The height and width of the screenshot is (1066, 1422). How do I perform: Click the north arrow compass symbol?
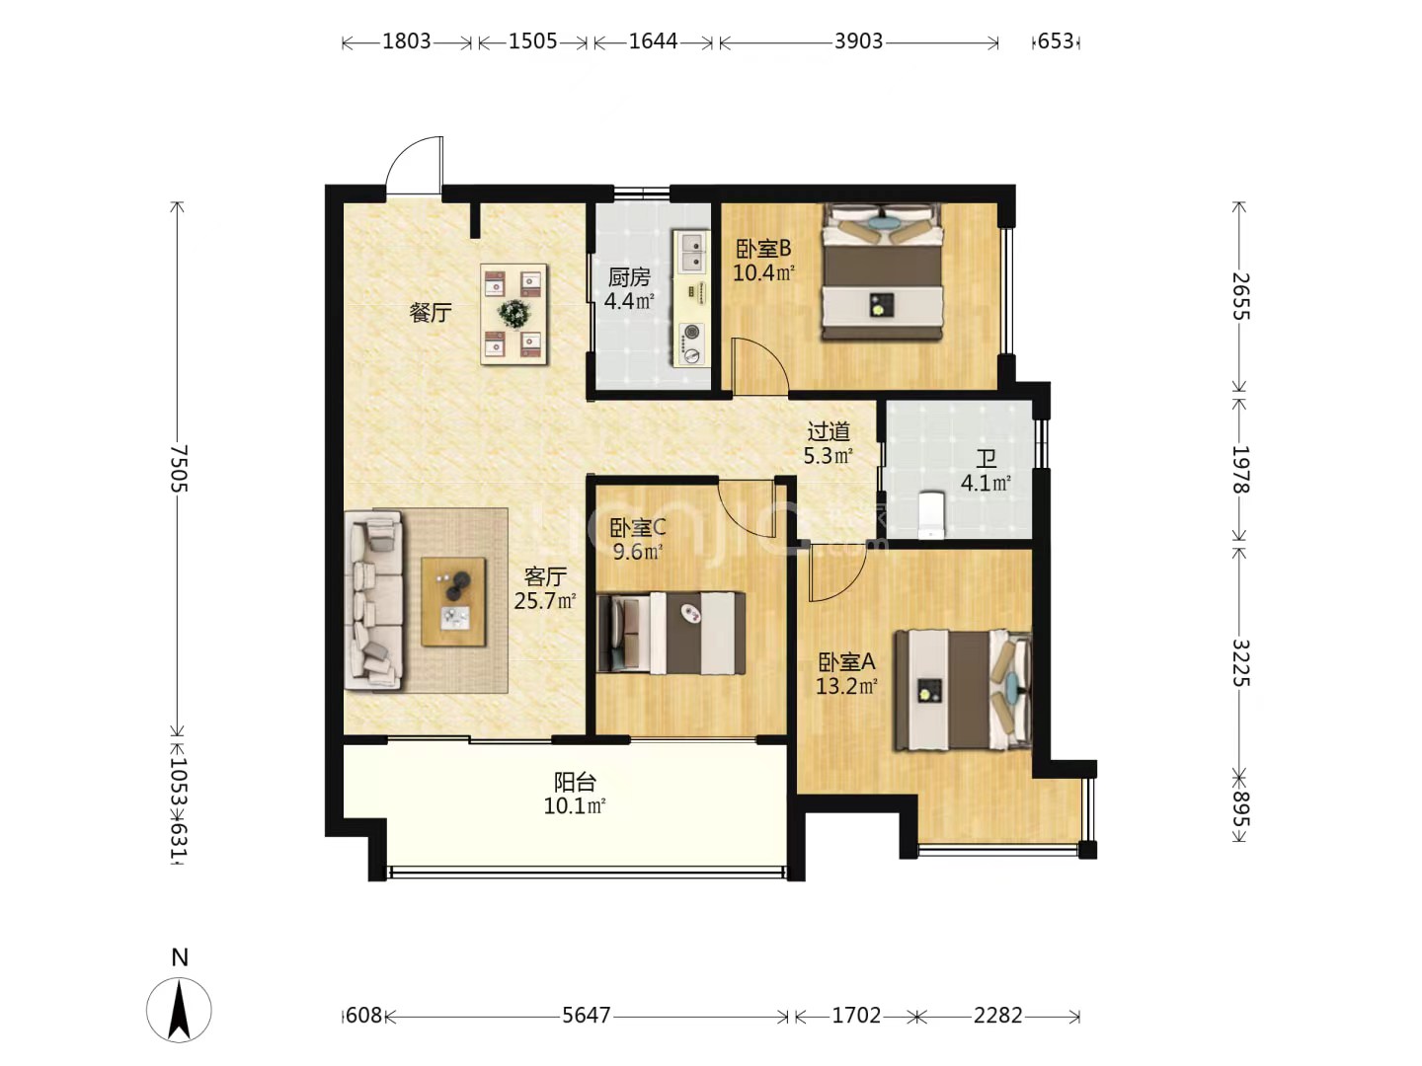[179, 1009]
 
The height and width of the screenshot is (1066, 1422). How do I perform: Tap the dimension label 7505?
[179, 468]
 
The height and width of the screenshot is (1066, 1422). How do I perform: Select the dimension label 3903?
[858, 41]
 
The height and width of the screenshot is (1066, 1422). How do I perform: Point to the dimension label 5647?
[587, 1015]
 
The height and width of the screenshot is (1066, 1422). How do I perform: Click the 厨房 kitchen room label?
[628, 277]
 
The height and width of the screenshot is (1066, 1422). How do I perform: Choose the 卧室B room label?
[763, 249]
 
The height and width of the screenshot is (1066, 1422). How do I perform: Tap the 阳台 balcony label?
[575, 783]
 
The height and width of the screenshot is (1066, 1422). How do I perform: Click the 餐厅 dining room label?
[431, 313]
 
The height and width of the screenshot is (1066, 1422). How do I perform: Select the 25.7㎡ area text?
[545, 601]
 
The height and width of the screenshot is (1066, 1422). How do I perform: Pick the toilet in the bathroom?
[932, 515]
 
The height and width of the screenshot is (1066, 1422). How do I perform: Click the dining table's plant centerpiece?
[514, 314]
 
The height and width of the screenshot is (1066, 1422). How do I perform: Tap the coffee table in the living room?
[453, 601]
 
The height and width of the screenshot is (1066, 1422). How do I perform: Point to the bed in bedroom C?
[671, 633]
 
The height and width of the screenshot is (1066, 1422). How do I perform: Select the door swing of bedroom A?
[837, 572]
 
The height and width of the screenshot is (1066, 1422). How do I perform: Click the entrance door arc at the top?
[415, 163]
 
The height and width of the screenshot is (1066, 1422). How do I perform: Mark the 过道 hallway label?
[829, 431]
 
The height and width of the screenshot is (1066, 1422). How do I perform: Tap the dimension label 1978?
[1240, 469]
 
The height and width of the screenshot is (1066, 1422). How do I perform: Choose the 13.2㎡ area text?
[846, 686]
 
